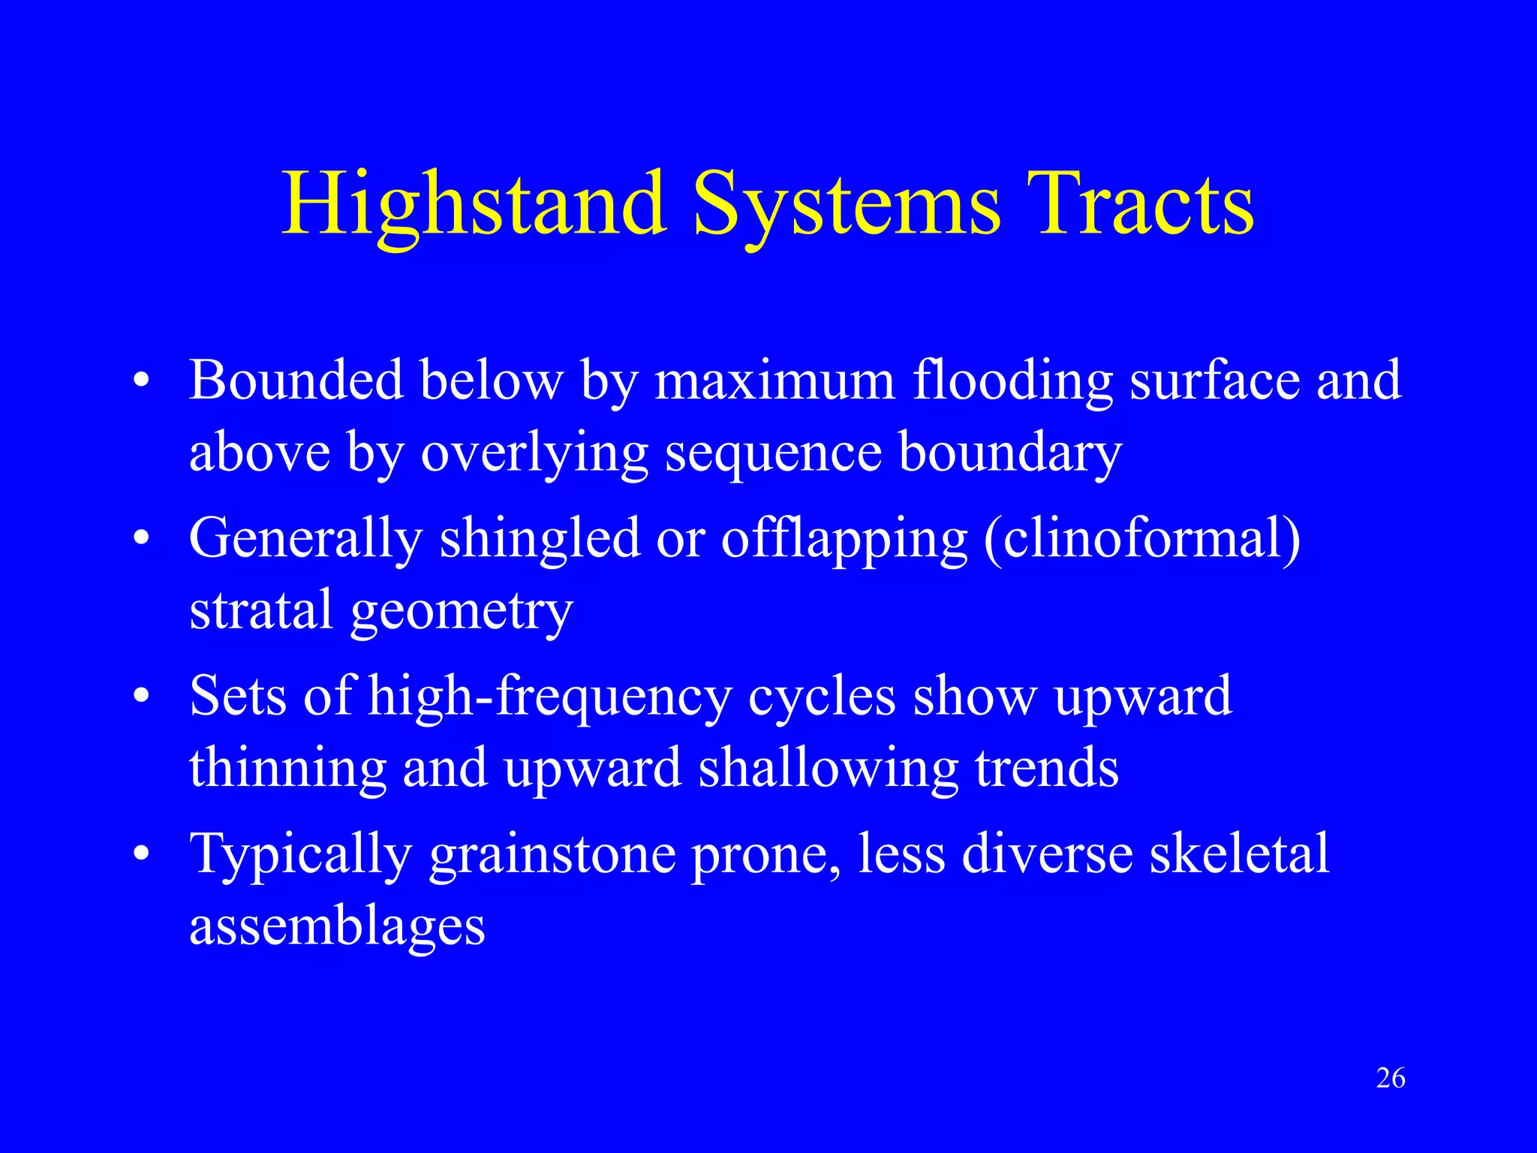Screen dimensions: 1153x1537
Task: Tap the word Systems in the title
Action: point(847,204)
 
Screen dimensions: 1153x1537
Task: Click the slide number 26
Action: point(1391,1079)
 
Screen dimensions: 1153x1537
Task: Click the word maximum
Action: point(775,380)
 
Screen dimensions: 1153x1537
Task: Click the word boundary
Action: point(1010,453)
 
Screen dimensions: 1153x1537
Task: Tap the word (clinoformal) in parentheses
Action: point(1141,539)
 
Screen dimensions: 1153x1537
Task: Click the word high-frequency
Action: point(549,697)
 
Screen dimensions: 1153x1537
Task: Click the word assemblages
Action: point(337,927)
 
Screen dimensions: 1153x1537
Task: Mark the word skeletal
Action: point(1239,854)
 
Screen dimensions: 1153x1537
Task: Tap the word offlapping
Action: point(844,539)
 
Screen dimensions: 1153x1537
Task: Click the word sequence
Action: point(773,454)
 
